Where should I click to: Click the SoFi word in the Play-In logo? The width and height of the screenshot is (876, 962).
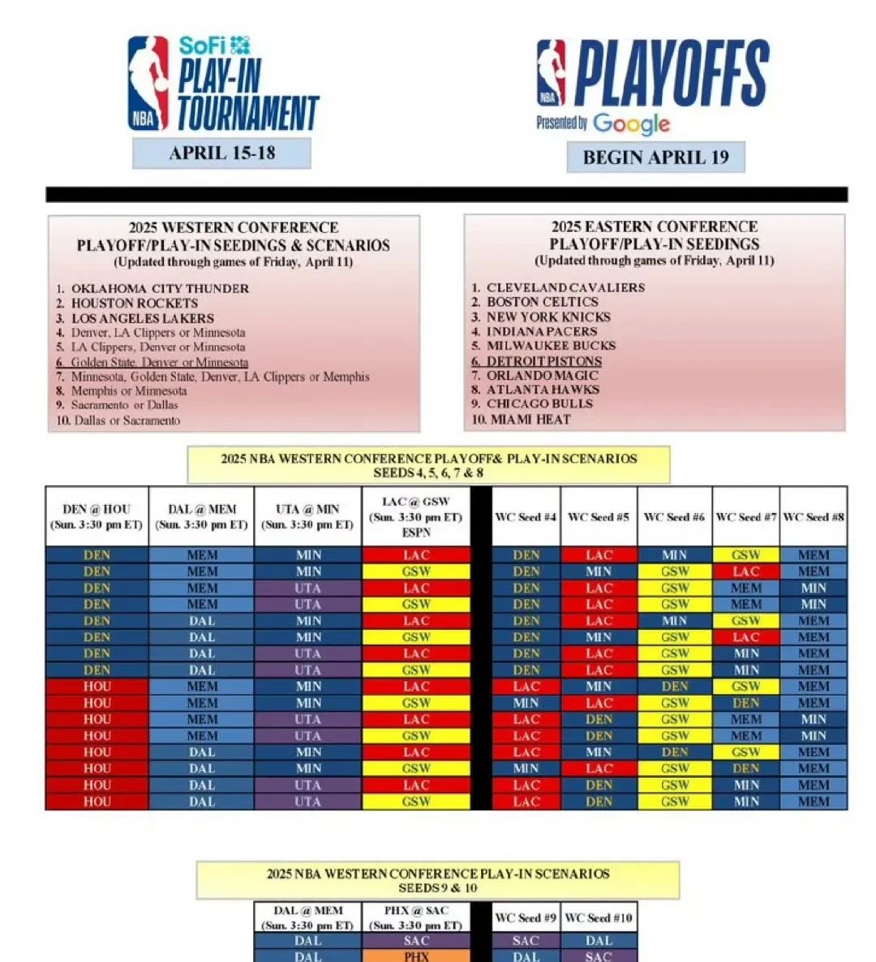click(202, 45)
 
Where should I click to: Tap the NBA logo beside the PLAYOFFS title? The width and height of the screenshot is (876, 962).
click(551, 73)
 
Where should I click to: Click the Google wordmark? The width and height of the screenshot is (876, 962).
click(631, 124)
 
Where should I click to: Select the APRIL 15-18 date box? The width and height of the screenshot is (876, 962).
click(221, 153)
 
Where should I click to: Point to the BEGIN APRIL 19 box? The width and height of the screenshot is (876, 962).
click(655, 157)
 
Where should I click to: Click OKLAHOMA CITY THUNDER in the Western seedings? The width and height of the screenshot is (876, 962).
click(159, 288)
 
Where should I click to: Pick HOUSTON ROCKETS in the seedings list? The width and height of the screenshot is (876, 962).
click(134, 303)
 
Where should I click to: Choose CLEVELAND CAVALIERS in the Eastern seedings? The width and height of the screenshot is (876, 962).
click(565, 287)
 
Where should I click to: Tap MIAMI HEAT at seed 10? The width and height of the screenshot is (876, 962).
click(528, 419)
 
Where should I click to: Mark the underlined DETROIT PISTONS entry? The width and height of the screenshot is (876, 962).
click(543, 360)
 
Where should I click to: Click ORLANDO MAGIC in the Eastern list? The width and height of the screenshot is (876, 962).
click(542, 375)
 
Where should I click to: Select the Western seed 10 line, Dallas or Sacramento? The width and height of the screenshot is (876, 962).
click(127, 420)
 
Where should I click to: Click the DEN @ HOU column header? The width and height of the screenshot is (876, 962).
click(97, 516)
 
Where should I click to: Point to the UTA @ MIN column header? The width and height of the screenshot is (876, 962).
click(307, 516)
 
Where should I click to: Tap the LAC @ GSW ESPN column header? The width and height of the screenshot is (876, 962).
click(415, 516)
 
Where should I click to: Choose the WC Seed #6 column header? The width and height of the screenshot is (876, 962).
click(674, 516)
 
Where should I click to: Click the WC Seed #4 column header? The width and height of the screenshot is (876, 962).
click(526, 516)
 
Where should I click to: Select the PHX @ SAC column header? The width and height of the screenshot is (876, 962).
click(415, 917)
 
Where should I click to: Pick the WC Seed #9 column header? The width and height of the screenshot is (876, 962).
click(526, 917)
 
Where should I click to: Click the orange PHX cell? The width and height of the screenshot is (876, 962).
click(415, 956)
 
